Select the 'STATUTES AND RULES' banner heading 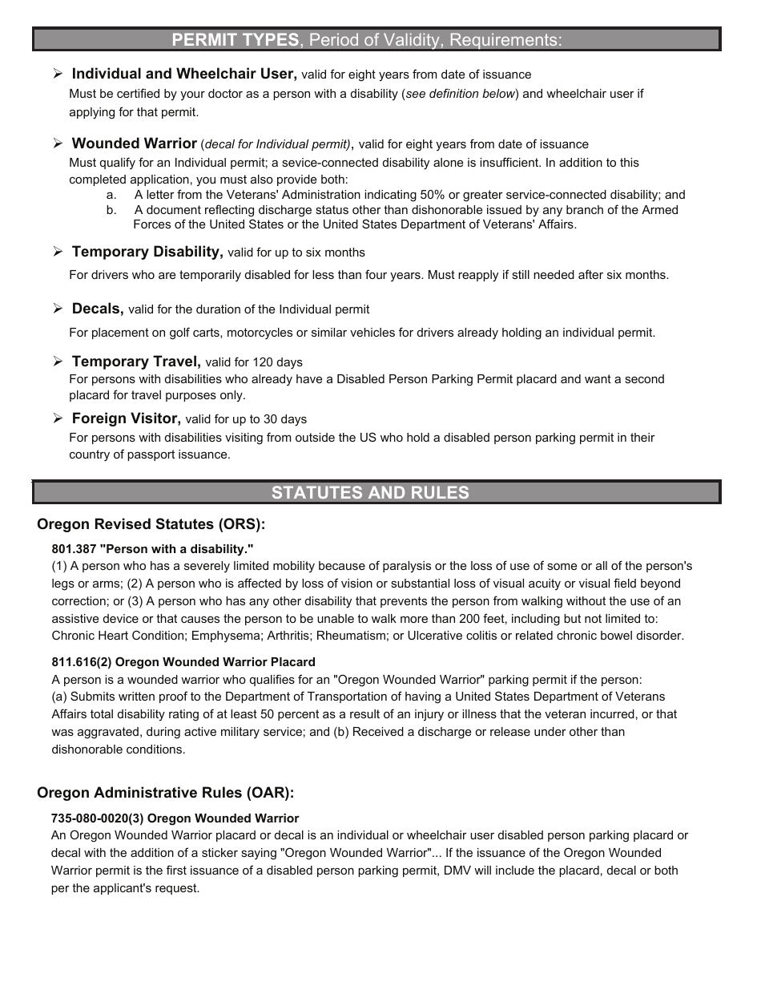tap(370, 492)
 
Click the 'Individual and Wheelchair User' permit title tap(183, 74)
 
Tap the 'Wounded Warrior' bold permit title tap(134, 143)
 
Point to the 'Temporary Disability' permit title tap(147, 252)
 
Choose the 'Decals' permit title tap(98, 309)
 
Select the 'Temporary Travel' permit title tap(136, 362)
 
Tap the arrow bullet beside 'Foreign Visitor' tap(58, 418)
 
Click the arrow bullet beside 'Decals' tap(58, 309)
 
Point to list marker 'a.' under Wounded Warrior tap(111, 195)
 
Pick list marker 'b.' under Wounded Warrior tap(111, 210)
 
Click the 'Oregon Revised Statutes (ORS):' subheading tap(151, 524)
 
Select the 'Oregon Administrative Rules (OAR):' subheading tap(165, 793)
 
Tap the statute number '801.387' tap(74, 549)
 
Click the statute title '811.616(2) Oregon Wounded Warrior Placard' tap(183, 662)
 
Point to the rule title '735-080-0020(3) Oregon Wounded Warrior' tap(175, 818)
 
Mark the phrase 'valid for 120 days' tap(254, 362)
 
